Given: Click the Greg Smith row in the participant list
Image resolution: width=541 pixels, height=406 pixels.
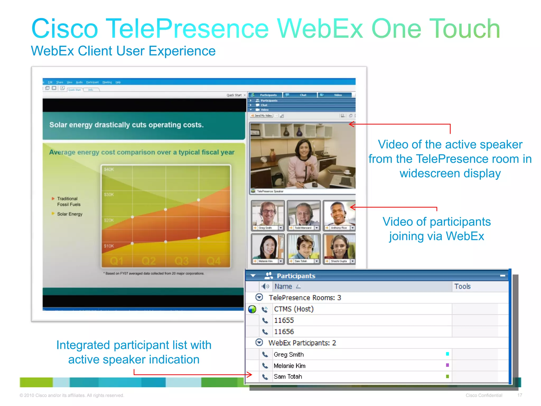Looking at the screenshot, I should pos(289,354).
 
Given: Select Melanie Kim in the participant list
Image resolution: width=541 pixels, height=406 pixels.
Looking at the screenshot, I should pos(290,366).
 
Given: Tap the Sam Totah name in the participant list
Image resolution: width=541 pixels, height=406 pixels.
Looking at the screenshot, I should pos(288,377).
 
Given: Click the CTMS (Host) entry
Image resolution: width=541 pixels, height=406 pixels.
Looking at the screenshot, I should pos(294,309).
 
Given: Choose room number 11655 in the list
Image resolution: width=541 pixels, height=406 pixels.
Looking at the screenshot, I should pos(284,320).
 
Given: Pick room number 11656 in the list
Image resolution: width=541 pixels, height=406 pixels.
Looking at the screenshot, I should pos(284,332).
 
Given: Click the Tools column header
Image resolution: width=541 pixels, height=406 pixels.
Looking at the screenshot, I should pos(463,287).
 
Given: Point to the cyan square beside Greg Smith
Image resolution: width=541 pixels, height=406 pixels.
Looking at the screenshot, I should pos(447,354).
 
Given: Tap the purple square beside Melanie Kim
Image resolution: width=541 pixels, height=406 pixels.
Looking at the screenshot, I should pos(447,365).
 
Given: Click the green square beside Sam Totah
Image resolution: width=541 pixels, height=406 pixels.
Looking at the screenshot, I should pos(447,376).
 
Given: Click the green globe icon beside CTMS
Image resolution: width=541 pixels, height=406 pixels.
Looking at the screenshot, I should pos(252,309).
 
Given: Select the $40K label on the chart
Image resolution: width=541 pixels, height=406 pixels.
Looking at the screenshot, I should pos(109,169).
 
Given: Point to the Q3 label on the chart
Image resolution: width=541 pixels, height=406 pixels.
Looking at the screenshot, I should pos(181,261).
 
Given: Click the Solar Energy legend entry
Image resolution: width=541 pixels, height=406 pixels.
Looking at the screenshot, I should pos(70,214).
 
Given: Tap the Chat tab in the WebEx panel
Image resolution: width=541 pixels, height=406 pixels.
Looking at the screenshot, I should pos(303,95).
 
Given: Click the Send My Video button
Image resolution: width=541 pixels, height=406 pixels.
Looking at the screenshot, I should pos(262,116).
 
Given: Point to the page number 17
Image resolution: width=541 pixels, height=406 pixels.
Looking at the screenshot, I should pos(520,395).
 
